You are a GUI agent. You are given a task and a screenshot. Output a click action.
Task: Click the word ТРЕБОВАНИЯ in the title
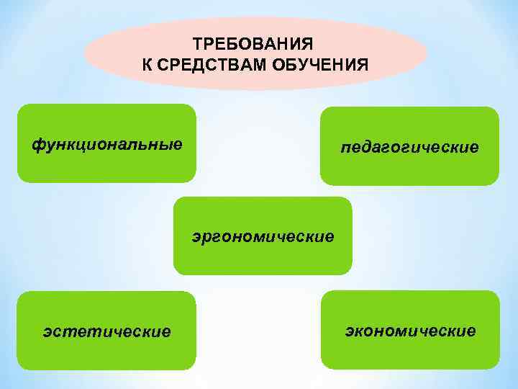(255, 44)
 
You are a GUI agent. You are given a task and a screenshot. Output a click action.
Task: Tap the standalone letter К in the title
(147, 66)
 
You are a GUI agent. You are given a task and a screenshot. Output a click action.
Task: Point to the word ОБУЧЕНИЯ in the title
(319, 66)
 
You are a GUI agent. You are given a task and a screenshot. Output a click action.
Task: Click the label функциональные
(106, 143)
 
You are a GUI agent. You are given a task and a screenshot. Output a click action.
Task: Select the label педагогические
(409, 148)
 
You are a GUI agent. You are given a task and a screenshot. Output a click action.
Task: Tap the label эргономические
(263, 236)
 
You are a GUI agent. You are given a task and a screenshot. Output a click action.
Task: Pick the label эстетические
(106, 331)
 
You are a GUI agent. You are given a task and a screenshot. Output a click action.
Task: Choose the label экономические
(410, 331)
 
